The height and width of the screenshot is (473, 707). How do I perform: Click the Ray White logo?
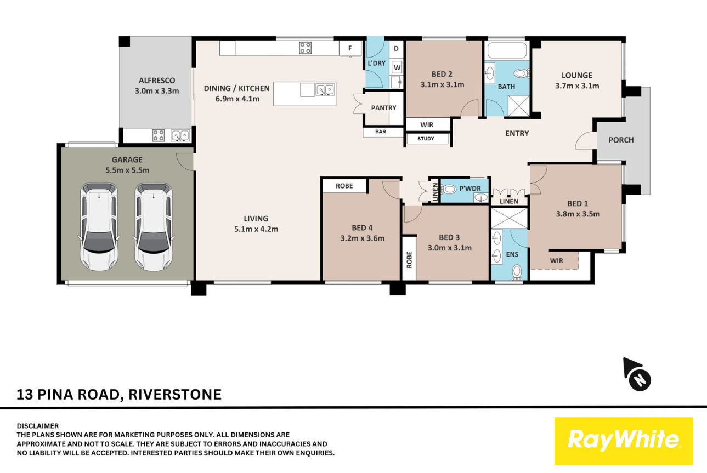click(x=624, y=441)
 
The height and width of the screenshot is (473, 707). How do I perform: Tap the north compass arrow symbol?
click(x=637, y=374)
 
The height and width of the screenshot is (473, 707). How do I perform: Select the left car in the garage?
click(x=99, y=227)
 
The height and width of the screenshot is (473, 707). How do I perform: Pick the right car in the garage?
click(x=154, y=227)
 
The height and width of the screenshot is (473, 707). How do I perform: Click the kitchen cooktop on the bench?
click(x=305, y=48)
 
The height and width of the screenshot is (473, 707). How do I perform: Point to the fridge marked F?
click(x=350, y=48)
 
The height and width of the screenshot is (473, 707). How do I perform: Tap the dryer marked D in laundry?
click(x=396, y=49)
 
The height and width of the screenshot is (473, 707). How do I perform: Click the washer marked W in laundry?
click(x=397, y=67)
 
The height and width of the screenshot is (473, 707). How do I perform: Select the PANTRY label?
click(x=383, y=108)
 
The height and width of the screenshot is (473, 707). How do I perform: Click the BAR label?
click(x=381, y=132)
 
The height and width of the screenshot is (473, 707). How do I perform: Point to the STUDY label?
click(x=426, y=139)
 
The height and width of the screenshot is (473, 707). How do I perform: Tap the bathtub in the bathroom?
click(x=507, y=50)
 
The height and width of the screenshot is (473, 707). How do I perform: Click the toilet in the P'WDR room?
click(x=449, y=189)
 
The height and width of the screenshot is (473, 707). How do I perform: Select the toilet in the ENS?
click(x=517, y=272)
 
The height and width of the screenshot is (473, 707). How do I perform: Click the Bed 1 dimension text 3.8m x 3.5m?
click(x=578, y=214)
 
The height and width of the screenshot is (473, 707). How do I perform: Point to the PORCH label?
click(x=621, y=140)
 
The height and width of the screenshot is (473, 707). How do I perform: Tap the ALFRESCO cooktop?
click(x=159, y=135)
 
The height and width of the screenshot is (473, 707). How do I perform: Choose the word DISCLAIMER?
click(x=37, y=426)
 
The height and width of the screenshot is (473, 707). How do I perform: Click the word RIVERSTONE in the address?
click(x=175, y=395)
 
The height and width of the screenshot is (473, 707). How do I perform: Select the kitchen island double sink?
click(x=325, y=90)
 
